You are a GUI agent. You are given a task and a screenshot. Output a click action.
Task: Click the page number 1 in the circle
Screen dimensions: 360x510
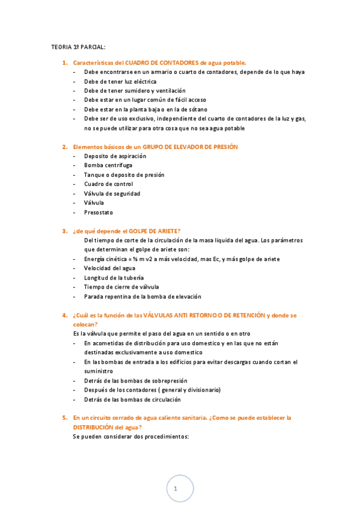click(x=175, y=489)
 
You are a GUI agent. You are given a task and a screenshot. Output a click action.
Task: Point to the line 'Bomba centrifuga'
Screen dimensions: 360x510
click(x=108, y=165)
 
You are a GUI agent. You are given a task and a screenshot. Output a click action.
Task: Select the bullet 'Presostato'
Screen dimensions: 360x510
click(x=99, y=212)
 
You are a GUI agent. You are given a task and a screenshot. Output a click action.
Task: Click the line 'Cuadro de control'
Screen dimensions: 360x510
click(x=108, y=184)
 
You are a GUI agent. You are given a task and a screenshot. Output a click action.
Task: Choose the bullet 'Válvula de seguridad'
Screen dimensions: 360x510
click(x=112, y=194)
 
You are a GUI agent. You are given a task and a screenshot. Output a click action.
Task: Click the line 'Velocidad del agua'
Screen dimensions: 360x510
click(x=110, y=268)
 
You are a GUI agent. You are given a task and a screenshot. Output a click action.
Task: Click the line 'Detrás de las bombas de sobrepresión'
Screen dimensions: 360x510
click(x=136, y=381)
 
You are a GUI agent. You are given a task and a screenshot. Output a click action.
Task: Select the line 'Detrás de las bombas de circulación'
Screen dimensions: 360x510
click(x=132, y=399)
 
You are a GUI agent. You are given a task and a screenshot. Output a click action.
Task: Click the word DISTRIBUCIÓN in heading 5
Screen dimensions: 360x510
click(x=99, y=427)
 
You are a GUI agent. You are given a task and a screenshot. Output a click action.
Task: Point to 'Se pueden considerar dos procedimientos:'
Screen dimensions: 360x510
click(x=131, y=437)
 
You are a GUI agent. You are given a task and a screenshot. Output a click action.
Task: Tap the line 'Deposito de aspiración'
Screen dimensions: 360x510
click(x=115, y=156)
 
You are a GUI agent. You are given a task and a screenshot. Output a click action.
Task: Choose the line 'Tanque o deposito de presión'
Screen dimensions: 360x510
click(x=124, y=175)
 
